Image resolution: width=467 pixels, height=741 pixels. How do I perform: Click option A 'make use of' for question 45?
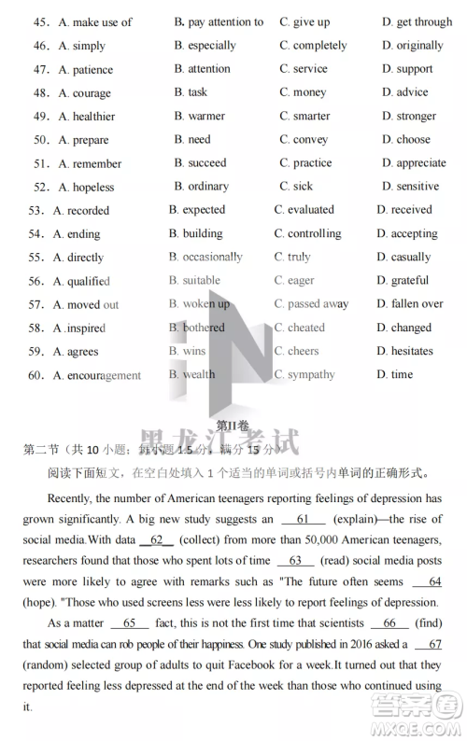pos(94,21)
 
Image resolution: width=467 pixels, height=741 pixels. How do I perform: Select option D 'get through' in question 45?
pos(417,21)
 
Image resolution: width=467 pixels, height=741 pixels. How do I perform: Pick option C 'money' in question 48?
pos(303,92)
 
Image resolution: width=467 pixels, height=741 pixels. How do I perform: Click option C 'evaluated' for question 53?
pos(304,210)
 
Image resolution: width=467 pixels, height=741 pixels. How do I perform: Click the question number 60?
pos(36,375)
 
